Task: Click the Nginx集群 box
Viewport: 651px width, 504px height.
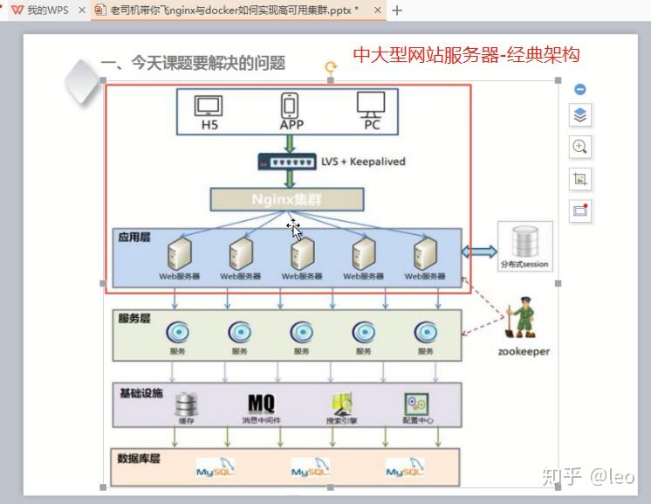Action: (286, 199)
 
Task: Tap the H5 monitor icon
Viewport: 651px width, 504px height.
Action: (209, 106)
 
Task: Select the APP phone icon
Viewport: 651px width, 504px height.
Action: (291, 106)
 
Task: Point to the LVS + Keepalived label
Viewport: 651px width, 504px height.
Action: (363, 162)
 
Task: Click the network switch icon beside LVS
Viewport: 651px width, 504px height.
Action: (287, 162)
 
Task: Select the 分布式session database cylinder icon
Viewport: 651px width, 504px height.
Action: (525, 240)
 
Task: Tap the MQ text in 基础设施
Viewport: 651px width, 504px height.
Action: (261, 403)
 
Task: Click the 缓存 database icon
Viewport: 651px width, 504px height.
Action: (187, 404)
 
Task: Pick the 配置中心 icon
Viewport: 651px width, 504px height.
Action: (416, 404)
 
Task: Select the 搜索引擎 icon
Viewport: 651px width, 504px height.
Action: (341, 404)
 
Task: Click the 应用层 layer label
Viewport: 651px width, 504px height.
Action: (134, 237)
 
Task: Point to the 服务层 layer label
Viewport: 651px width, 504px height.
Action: (134, 318)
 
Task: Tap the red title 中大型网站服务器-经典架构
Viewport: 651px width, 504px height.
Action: (466, 55)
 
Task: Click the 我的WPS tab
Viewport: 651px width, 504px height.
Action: (41, 10)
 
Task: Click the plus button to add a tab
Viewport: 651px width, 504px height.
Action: (398, 10)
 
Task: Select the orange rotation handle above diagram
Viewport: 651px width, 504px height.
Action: (330, 66)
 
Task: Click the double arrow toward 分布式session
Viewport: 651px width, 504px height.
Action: (478, 252)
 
